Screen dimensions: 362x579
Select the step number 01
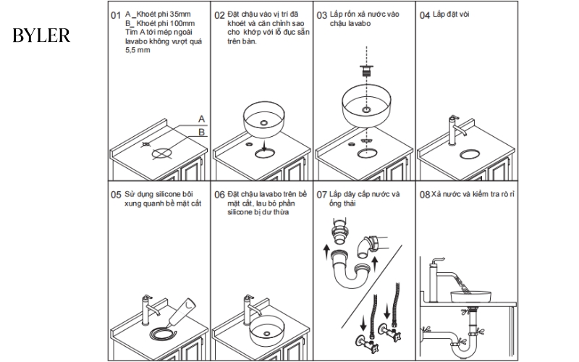click(x=115, y=15)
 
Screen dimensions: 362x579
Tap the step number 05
click(x=115, y=195)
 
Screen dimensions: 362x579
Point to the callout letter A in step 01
click(x=202, y=118)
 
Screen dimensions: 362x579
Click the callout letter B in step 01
click(x=202, y=131)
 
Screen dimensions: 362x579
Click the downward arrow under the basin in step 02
click(x=266, y=147)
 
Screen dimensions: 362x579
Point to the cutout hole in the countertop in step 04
click(x=469, y=153)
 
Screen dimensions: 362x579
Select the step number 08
click(x=425, y=195)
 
